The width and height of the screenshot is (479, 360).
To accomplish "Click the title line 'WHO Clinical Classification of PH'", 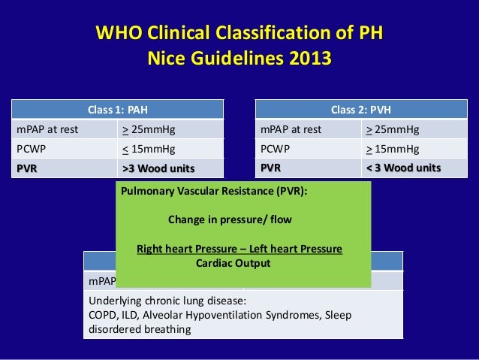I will pos(239,35).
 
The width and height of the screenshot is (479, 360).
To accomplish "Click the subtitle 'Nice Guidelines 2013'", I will pos(239,58).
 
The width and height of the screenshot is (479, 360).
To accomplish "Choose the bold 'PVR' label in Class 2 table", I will pos(271,167).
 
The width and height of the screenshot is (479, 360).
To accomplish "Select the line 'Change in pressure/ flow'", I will pos(230,220).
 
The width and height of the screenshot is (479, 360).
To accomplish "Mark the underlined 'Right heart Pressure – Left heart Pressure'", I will pos(239,249).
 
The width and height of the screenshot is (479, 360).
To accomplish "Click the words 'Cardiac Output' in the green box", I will pos(233,264).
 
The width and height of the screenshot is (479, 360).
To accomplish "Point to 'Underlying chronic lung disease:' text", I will pos(164,301).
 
